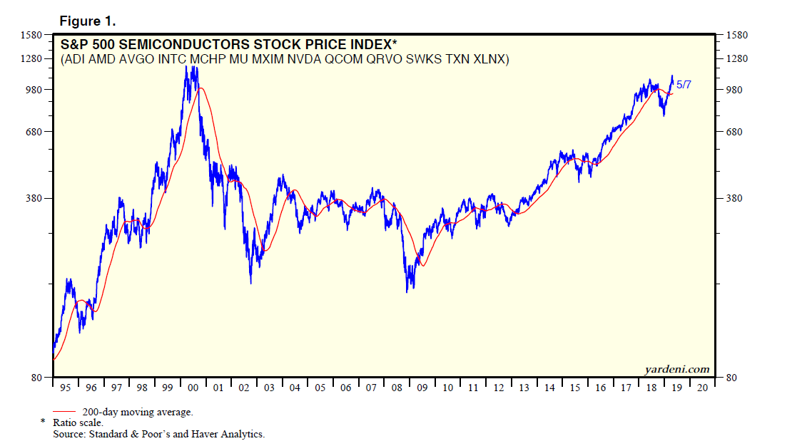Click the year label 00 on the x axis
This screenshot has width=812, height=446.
point(193,388)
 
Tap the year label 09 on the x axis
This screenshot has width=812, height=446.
point(422,388)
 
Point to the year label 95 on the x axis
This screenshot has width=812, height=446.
point(66,388)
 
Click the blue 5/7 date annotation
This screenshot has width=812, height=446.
point(684,85)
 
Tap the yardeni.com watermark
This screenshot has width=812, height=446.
point(676,369)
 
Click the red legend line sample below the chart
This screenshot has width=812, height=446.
point(64,411)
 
